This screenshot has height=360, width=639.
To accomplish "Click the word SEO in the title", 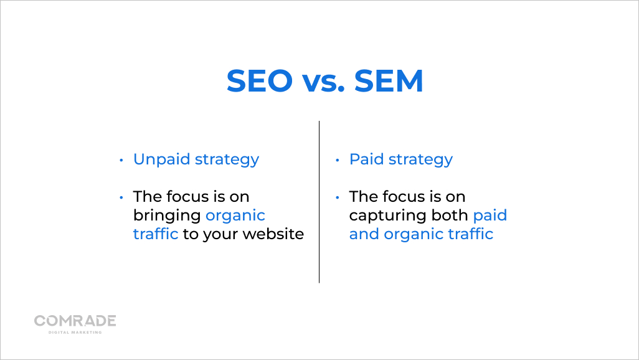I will coord(259,81).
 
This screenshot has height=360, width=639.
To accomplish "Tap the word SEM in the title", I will coord(389,81).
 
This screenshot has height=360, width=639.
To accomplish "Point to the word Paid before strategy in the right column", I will coord(366,159).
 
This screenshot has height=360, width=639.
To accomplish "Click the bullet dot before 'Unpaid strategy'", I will coord(121,161).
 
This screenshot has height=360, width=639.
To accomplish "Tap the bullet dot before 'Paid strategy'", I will coord(338,161).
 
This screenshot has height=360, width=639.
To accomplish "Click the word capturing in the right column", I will coord(386,216).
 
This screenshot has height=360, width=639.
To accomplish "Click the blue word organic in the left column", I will coord(235,216).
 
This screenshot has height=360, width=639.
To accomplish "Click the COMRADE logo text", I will coord(75,321).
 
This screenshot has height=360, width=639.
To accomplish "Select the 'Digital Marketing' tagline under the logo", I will coord(75,332).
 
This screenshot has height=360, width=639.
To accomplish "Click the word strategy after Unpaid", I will coord(227,160).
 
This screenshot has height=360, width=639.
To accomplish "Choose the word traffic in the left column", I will coord(156,234).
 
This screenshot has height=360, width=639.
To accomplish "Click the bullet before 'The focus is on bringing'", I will coord(121,198).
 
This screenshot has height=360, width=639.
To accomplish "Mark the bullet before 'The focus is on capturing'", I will coord(338,198).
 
